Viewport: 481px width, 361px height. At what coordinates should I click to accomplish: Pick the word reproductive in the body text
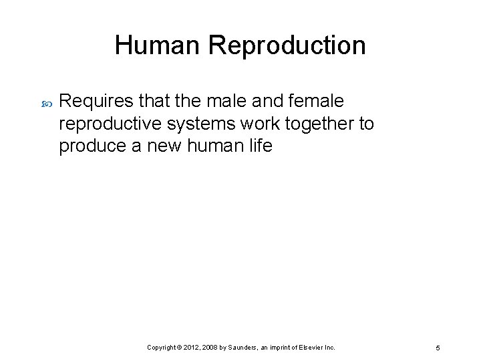click(115, 124)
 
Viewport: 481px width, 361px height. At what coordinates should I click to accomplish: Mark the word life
click(261, 146)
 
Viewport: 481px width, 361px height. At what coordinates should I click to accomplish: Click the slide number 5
click(437, 348)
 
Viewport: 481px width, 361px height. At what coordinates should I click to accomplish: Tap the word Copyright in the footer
click(163, 348)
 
